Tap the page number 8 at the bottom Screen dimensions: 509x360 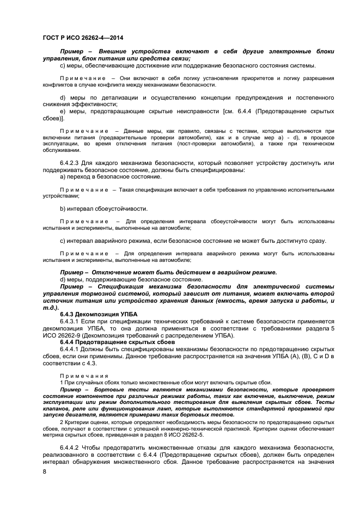pos(44,471)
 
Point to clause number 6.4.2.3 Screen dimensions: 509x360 pos(71,164)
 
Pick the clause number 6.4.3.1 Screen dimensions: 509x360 pos(71,322)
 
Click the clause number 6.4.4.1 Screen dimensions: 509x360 pos(71,349)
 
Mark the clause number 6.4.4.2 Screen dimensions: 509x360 pos(71,447)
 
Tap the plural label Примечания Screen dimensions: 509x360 pos(84,376)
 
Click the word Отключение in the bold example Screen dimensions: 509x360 pos(113,272)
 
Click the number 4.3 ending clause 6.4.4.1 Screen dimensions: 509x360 pos(90,363)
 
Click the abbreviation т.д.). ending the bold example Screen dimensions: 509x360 pos(53,308)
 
